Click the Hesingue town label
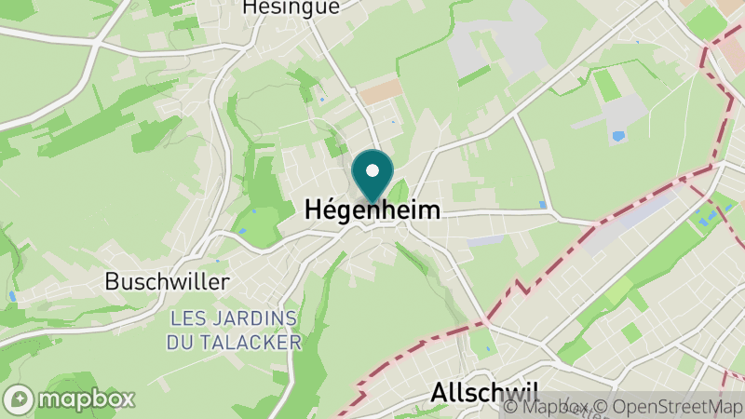pyautogui.click(x=291, y=7)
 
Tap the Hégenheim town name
pyautogui.click(x=372, y=211)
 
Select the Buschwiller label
pyautogui.click(x=167, y=280)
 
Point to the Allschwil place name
pyautogui.click(x=484, y=393)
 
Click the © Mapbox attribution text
pyautogui.click(x=548, y=407)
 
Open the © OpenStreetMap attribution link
pyautogui.click(x=670, y=407)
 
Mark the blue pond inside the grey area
pyautogui.click(x=617, y=136)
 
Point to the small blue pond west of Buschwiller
pyautogui.click(x=12, y=296)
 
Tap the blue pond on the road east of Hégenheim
pyautogui.click(x=543, y=205)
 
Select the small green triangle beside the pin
pyautogui.click(x=400, y=193)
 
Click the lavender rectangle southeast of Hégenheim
pyautogui.click(x=485, y=240)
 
